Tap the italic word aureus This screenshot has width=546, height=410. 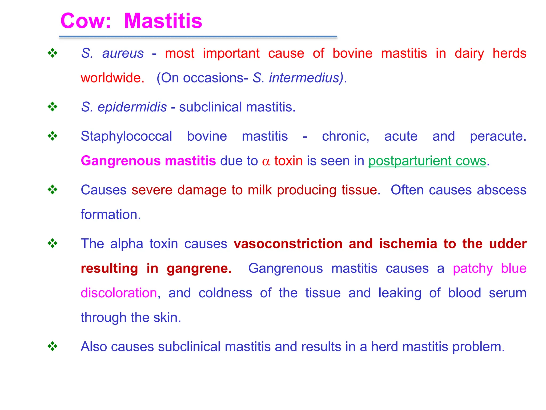point(123,53)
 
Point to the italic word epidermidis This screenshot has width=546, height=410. point(132,107)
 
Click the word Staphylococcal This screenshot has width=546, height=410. point(126,136)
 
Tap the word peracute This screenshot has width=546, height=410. point(498,136)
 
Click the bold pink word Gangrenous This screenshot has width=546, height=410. point(121,161)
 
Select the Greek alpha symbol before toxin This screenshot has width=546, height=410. point(266,161)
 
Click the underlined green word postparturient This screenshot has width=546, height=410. point(410,161)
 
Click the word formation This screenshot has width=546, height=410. point(111,215)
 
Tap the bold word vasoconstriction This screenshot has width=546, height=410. point(288,244)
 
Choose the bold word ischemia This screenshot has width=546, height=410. point(408,244)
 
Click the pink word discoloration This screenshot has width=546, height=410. point(119,293)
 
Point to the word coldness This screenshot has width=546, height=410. point(225,293)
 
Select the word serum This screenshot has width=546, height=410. point(508,293)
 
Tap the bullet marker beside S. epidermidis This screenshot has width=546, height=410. point(53,107)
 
